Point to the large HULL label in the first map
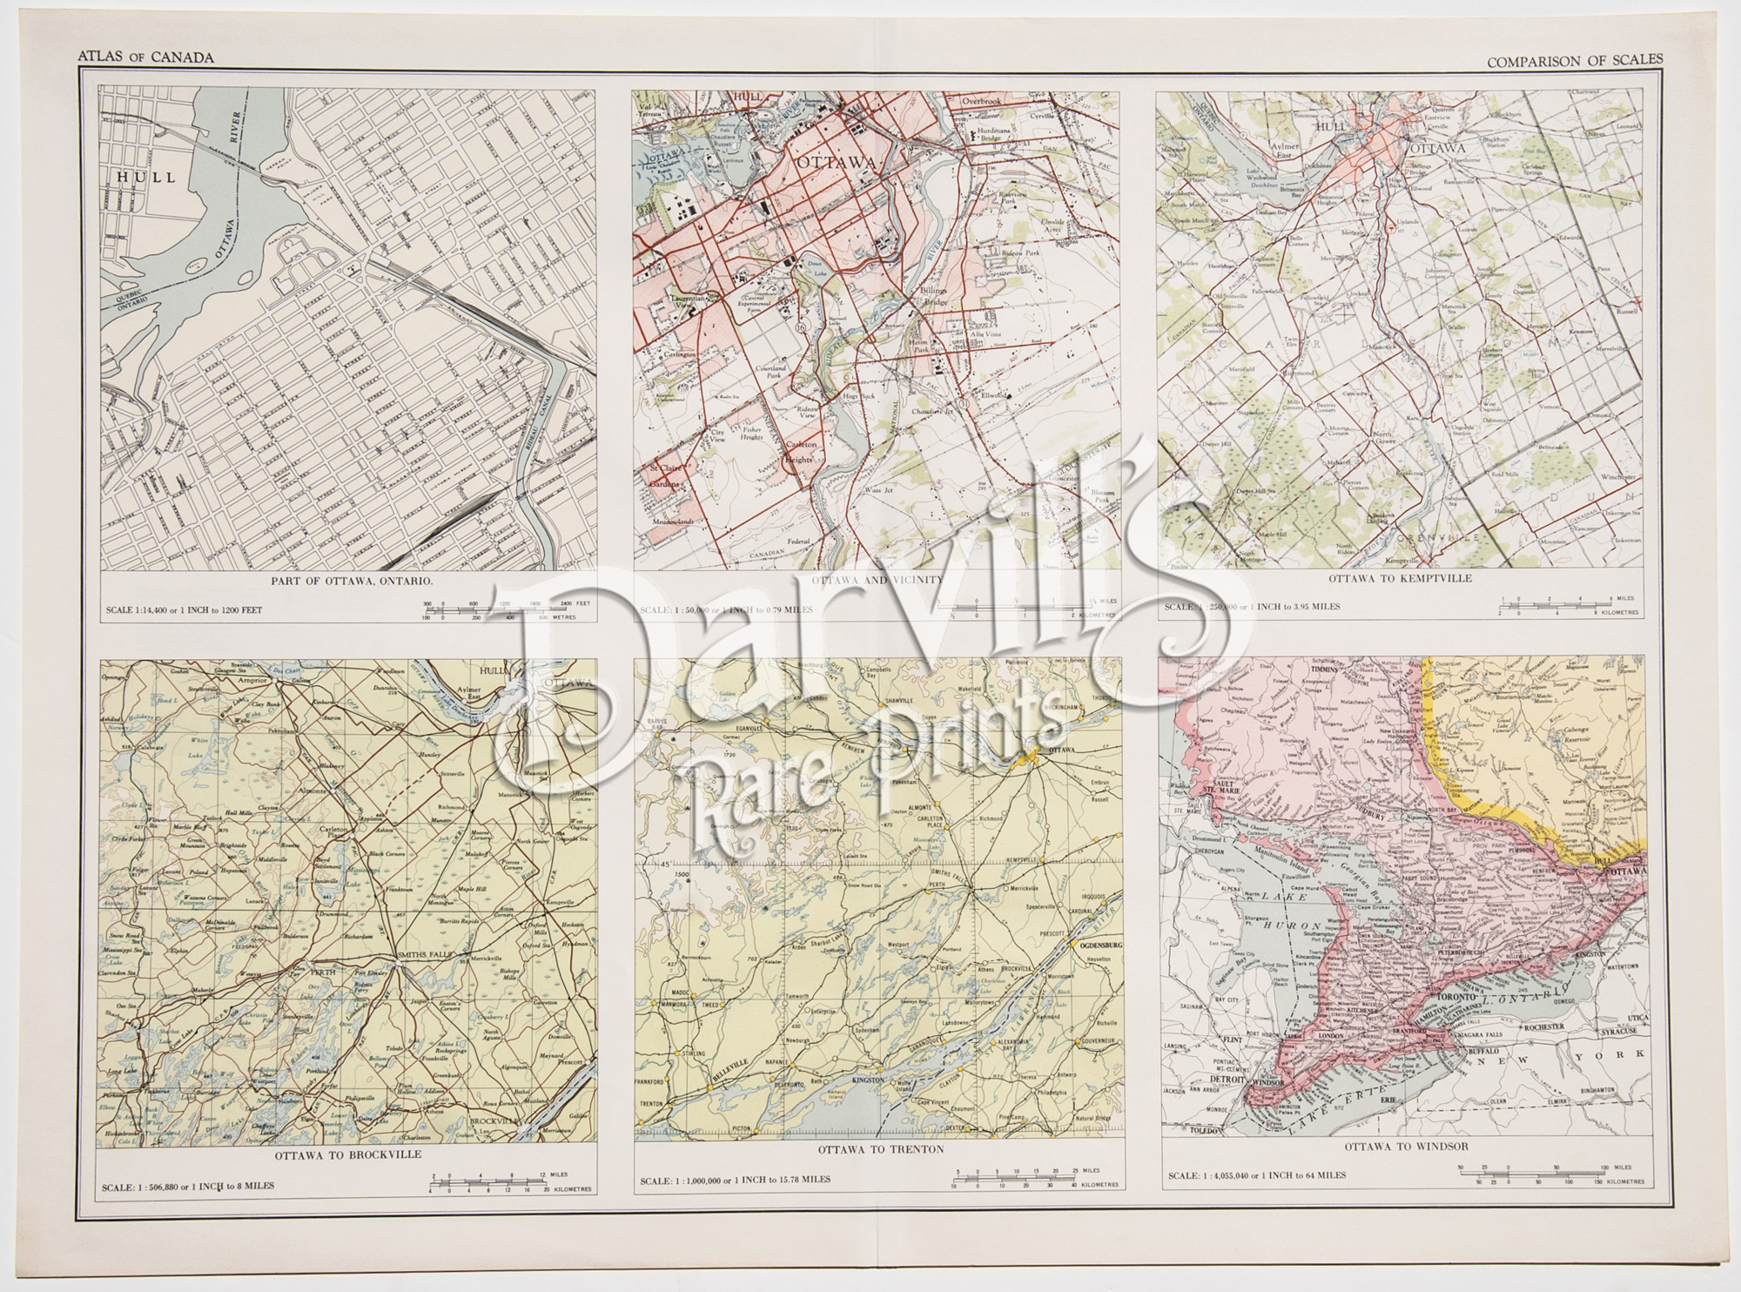tap(143, 177)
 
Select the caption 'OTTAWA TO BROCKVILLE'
tap(348, 1154)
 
